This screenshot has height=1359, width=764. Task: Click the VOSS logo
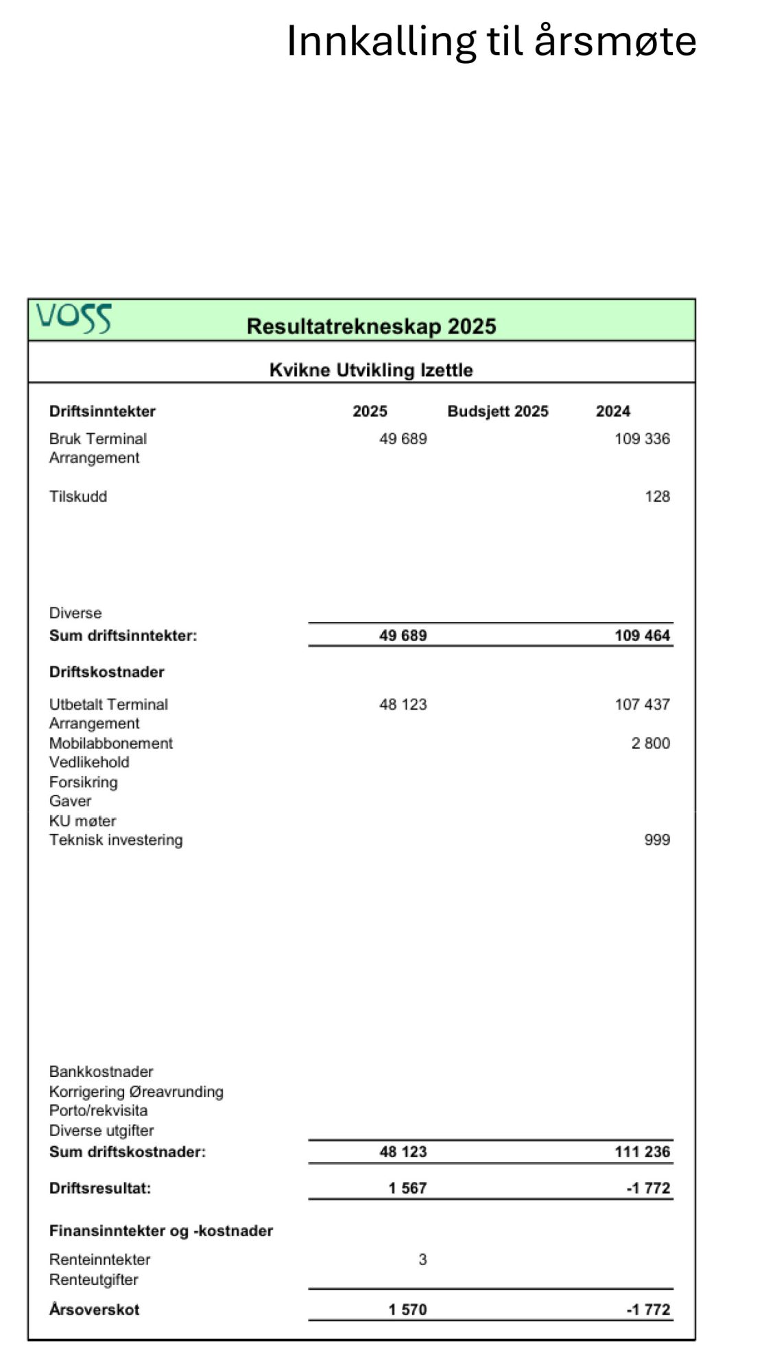[73, 318]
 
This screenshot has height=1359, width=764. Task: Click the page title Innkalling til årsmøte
[491, 41]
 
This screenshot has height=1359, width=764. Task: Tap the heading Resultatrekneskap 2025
[371, 326]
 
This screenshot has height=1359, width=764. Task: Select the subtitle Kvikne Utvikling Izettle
[371, 371]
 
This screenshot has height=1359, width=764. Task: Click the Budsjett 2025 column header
[498, 411]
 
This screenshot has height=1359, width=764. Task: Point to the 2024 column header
[612, 411]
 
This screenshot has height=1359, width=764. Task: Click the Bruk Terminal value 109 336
[642, 439]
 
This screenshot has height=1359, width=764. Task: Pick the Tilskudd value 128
[657, 496]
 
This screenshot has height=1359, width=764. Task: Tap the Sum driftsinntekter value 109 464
[642, 636]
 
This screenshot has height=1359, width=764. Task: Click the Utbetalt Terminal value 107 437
[642, 704]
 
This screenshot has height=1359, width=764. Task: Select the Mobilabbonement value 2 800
[650, 743]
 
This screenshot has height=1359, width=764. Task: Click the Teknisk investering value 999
[657, 840]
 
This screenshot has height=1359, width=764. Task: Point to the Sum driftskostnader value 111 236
[642, 1152]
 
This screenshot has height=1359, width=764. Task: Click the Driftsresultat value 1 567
[407, 1188]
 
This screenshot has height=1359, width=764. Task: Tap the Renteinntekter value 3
[422, 1259]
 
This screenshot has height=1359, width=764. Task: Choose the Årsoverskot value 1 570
[407, 1310]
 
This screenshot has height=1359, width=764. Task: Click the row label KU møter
[82, 821]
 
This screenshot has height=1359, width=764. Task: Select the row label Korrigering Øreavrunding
[136, 1091]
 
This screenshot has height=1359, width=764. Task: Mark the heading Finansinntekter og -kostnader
[160, 1231]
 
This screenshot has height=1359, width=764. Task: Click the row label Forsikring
[83, 782]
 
